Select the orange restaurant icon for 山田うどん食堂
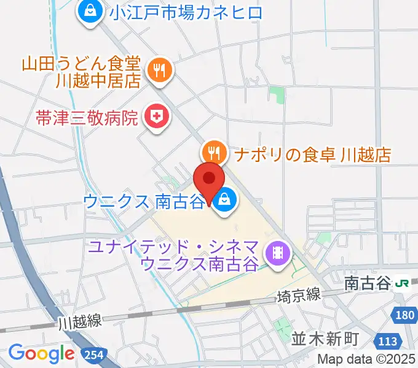click(160, 71)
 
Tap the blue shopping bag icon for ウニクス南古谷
click(225, 199)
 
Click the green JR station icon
click(403, 283)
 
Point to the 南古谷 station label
click(367, 283)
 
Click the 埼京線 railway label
click(299, 295)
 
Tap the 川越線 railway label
click(81, 320)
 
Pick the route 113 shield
click(388, 341)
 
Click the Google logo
click(41, 353)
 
